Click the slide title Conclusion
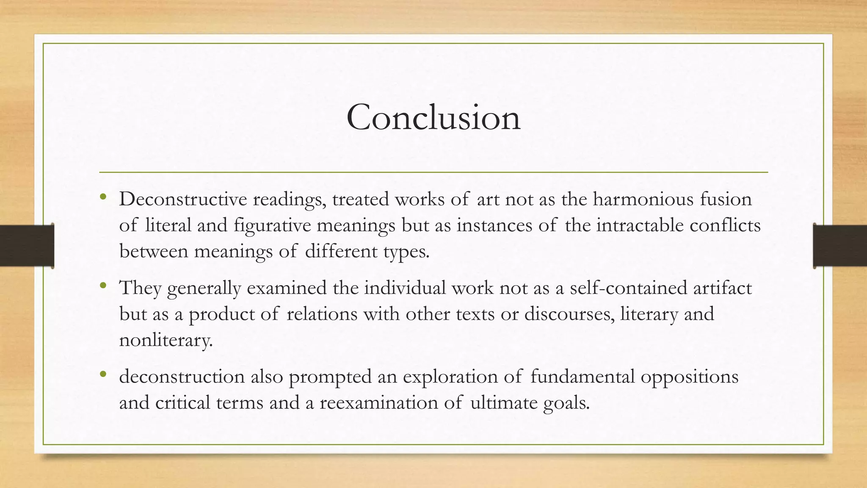pyautogui.click(x=433, y=117)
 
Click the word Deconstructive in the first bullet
pyautogui.click(x=183, y=200)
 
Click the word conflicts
pyautogui.click(x=725, y=225)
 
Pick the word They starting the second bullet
pyautogui.click(x=141, y=288)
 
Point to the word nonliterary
pyautogui.click(x=166, y=340)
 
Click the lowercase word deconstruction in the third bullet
pyautogui.click(x=182, y=377)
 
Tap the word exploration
pyautogui.click(x=450, y=377)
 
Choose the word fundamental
pyautogui.click(x=583, y=377)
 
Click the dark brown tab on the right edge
pyautogui.click(x=840, y=246)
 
